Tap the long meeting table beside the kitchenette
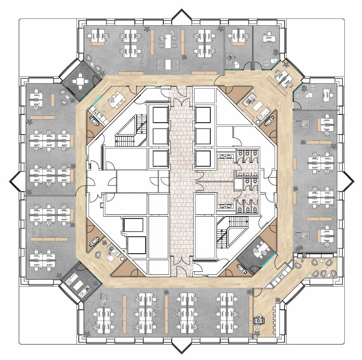pos(116,98)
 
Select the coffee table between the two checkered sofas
pos(168,64)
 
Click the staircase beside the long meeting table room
pos(131,132)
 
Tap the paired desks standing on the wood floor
pos(284,78)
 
